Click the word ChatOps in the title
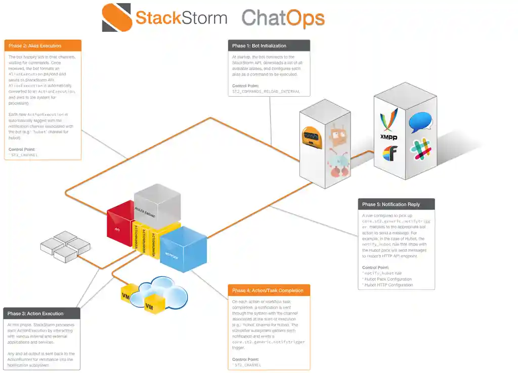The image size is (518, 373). coord(283,18)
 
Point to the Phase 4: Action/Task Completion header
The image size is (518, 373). coord(268,291)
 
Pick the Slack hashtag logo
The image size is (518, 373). coord(422,149)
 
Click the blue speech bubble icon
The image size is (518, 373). coord(421,122)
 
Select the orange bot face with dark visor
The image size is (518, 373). coord(313,138)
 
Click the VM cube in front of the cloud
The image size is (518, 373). coord(149,305)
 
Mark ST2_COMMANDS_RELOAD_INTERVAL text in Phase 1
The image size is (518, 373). coord(266,92)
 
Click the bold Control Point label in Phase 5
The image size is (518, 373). coord(376,267)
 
